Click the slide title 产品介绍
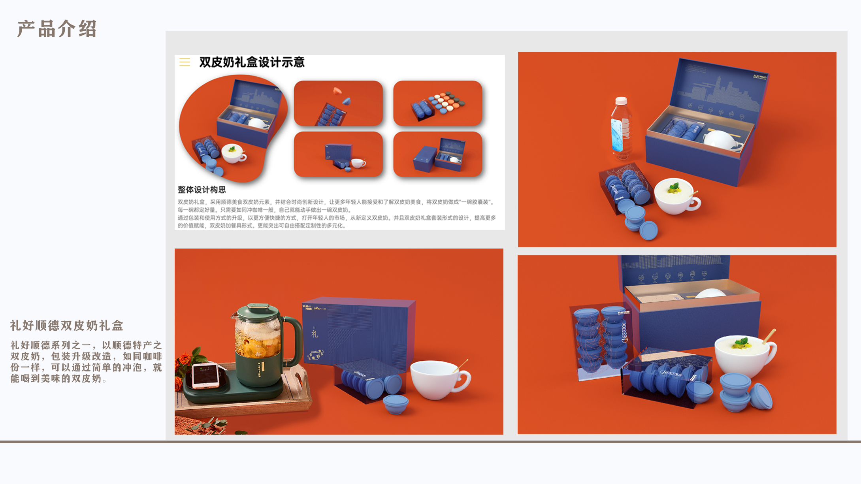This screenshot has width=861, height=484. [x=57, y=29]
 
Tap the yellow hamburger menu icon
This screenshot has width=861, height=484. [x=185, y=62]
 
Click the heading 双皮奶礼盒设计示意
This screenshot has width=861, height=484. [x=252, y=62]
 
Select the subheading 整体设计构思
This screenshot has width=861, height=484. [x=202, y=190]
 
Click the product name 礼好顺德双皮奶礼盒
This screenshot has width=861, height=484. [x=67, y=326]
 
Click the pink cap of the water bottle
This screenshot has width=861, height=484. [x=621, y=100]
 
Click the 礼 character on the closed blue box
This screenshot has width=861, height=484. [x=315, y=334]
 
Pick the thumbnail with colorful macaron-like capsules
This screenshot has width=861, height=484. [x=437, y=103]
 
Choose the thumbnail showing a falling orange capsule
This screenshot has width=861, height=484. [x=338, y=103]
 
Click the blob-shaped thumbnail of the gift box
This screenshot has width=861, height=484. [x=233, y=128]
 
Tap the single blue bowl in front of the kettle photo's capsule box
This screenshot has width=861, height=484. [x=396, y=404]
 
